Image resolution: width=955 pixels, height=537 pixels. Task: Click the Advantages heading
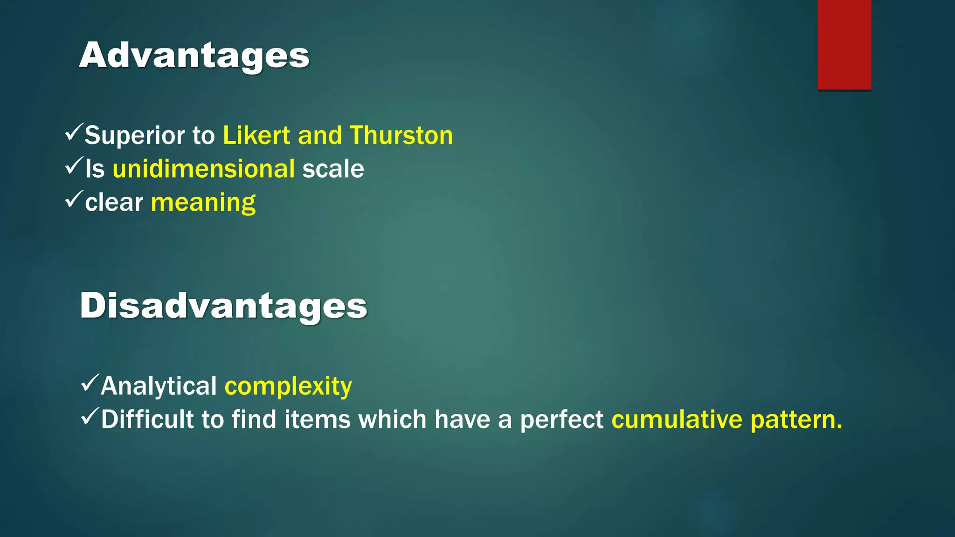194,56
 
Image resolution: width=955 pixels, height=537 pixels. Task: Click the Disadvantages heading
223,306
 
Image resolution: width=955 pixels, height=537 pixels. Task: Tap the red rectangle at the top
844,44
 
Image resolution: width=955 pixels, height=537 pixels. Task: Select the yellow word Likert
256,136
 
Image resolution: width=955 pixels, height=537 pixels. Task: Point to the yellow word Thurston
401,136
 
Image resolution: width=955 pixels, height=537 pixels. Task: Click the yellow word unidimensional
204,169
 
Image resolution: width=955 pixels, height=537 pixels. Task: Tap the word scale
333,169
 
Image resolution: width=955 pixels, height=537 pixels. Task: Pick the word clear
114,202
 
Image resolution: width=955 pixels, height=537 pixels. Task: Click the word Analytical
159,386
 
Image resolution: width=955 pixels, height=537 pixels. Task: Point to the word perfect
561,420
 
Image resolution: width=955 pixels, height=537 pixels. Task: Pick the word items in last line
317,420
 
